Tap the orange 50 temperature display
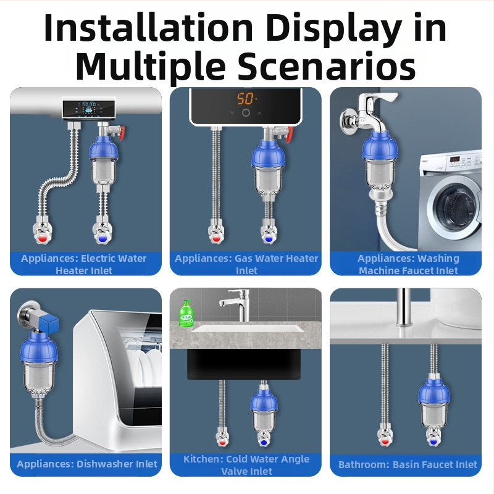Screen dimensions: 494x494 245,99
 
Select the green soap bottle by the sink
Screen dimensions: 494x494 186,313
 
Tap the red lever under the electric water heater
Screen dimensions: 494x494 122,133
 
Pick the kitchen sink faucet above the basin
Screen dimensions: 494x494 236,304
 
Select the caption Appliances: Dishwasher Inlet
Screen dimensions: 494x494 87,464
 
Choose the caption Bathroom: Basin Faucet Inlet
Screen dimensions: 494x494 408,465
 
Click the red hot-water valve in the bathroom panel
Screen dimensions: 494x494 385,442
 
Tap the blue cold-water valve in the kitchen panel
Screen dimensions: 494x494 264,443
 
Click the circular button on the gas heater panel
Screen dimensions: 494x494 246,113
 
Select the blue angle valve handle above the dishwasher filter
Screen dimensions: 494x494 51,321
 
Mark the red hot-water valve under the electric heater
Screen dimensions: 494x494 41,239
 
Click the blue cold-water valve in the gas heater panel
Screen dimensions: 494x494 269,240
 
